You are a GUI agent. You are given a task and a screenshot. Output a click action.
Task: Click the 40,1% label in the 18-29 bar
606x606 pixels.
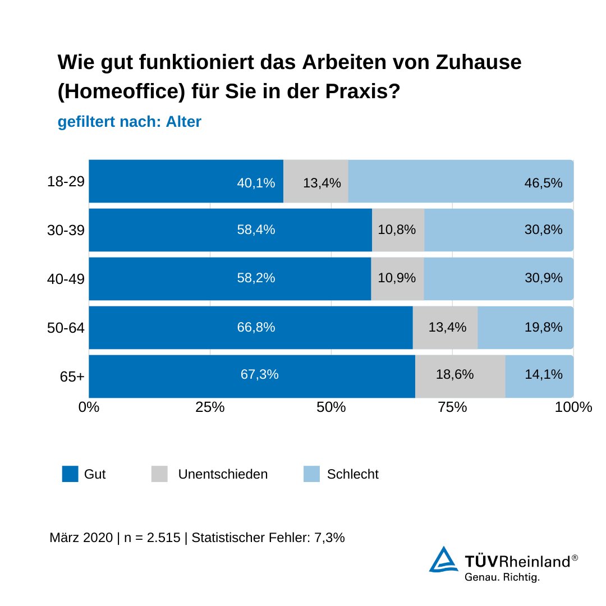click(256, 182)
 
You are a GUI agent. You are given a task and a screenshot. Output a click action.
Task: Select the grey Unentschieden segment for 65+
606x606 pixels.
click(460, 376)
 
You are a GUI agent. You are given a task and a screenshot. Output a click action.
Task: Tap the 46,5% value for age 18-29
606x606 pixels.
click(543, 182)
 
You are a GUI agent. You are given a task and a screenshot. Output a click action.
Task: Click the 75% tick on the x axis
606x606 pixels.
click(452, 407)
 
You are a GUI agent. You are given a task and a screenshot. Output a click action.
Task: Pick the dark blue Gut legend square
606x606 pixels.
click(70, 474)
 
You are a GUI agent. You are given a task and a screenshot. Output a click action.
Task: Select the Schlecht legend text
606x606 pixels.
click(352, 474)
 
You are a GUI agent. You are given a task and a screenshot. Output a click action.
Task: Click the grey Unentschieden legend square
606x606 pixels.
click(159, 474)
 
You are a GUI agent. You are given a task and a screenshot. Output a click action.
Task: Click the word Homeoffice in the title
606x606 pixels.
click(118, 92)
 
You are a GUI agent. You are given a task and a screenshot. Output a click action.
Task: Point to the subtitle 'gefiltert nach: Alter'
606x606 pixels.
click(129, 122)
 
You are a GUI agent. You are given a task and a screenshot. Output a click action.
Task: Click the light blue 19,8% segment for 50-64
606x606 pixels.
click(525, 328)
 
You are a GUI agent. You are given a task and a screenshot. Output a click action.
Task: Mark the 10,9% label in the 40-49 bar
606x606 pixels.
click(397, 278)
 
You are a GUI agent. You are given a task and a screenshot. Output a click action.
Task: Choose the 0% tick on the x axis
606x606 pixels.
click(89, 407)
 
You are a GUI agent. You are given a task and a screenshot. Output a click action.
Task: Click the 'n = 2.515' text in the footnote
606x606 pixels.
click(151, 538)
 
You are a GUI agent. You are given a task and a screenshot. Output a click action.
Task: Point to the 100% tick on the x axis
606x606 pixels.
click(573, 407)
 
